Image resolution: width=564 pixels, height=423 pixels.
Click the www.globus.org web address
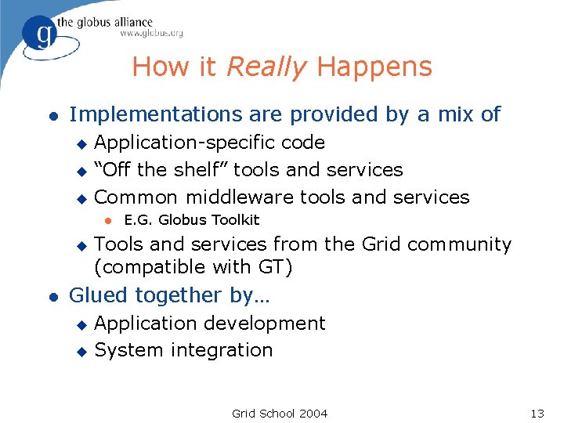[151, 34]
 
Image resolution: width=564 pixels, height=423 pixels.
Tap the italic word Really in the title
[266, 67]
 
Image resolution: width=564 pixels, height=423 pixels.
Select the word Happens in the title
[374, 67]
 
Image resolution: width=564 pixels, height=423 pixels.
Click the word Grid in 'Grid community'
[381, 244]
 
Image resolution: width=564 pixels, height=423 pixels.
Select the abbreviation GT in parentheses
[269, 267]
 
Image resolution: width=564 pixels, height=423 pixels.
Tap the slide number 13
[537, 414]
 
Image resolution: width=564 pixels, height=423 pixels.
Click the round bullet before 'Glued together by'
[52, 296]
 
